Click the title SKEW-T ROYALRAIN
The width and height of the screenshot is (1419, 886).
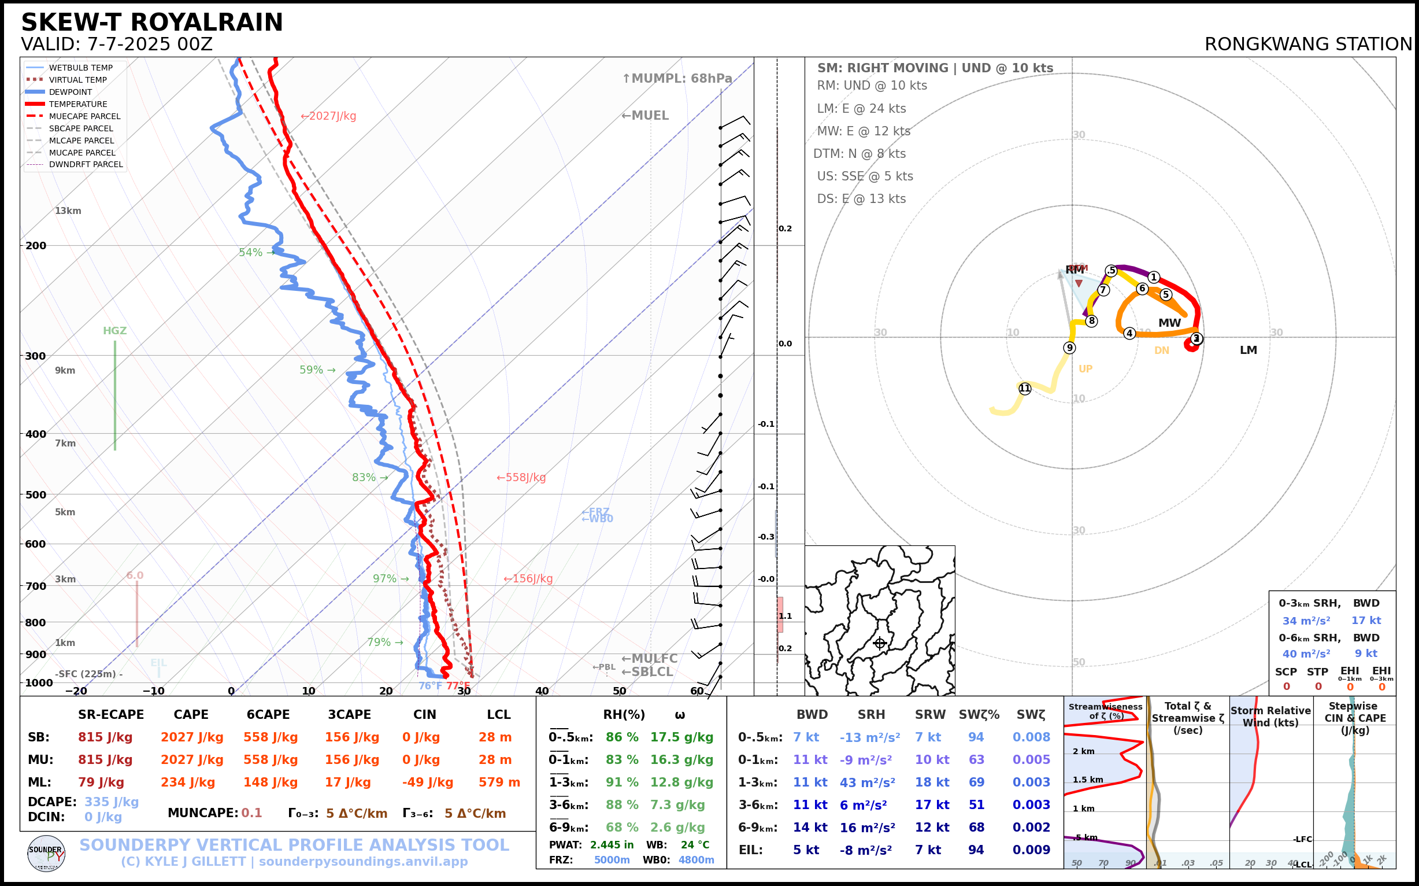pyautogui.click(x=151, y=23)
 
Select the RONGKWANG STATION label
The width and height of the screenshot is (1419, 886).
pyautogui.click(x=1307, y=45)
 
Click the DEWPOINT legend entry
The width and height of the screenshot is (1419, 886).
pyautogui.click(x=71, y=92)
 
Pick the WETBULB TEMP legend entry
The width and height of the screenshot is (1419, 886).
pyautogui.click(x=80, y=68)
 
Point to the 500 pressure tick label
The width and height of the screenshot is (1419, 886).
pyautogui.click(x=36, y=494)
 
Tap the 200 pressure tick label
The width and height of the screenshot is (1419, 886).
pyautogui.click(x=36, y=246)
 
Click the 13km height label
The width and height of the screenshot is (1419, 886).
pyautogui.click(x=68, y=211)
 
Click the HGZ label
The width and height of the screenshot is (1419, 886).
pyautogui.click(x=115, y=330)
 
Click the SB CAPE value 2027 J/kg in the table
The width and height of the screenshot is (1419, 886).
pyautogui.click(x=192, y=737)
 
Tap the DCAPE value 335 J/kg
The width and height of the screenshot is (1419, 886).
pyautogui.click(x=112, y=802)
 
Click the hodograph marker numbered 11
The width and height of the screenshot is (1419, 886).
pyautogui.click(x=1024, y=389)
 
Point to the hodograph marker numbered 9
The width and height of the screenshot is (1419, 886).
pyautogui.click(x=1069, y=348)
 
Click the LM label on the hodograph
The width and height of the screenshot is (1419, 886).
pyautogui.click(x=1248, y=350)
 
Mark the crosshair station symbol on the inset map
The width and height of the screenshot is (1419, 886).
pyautogui.click(x=880, y=644)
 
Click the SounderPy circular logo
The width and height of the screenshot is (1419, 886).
pyautogui.click(x=46, y=853)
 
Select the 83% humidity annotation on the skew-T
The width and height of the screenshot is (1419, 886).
pyautogui.click(x=364, y=478)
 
